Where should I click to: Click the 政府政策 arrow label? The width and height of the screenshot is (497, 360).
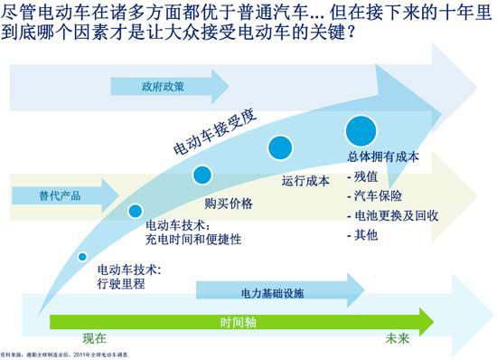tap(163, 87)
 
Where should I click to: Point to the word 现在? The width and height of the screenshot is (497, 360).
tap(95, 339)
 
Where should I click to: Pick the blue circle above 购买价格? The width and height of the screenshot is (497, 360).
tap(202, 175)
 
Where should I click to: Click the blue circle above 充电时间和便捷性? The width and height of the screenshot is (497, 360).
tap(136, 211)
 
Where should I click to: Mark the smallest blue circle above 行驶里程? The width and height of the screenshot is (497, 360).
tap(82, 256)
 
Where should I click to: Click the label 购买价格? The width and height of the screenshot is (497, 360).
tap(228, 203)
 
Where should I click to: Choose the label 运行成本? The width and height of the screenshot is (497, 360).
tap(305, 179)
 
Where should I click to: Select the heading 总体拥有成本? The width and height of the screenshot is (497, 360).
tap(383, 156)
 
